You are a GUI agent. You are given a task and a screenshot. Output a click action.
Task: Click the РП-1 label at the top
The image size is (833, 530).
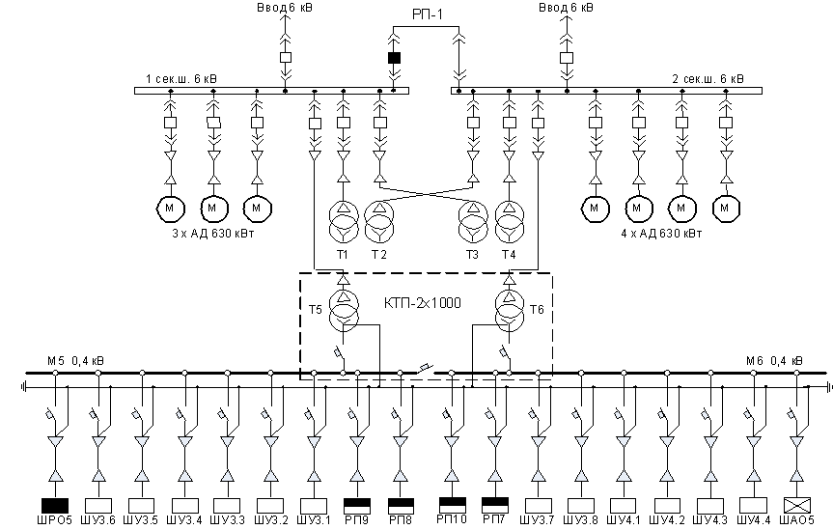point(428,14)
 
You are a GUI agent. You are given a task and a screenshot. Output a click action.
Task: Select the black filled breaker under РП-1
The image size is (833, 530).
point(394,57)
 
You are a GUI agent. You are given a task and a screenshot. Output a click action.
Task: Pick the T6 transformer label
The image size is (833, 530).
point(537,309)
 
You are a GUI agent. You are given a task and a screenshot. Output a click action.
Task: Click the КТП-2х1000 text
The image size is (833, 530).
point(423,303)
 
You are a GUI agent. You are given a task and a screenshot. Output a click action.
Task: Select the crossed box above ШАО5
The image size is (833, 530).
point(797,505)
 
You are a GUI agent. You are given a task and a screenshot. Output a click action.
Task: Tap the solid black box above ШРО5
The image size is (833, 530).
point(55,505)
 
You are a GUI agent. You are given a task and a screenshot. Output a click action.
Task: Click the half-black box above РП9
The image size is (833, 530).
point(357,505)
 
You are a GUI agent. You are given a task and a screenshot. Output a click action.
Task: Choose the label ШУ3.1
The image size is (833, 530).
point(314,520)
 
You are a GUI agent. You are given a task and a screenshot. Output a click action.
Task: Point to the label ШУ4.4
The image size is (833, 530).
point(754,520)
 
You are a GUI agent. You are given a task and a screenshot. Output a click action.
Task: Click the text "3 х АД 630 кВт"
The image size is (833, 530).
point(213,234)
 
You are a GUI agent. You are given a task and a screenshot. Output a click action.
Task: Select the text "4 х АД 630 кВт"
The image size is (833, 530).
point(661,234)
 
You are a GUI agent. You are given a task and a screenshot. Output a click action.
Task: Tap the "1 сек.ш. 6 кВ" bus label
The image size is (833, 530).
point(181,79)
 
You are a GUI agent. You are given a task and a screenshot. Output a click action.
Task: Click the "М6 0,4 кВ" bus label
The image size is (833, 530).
point(774,361)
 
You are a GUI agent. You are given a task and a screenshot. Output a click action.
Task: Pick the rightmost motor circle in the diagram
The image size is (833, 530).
point(726,208)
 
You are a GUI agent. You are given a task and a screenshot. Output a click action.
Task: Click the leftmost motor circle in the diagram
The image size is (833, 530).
point(171,208)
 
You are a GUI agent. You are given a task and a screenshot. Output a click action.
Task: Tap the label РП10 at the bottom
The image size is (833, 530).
point(452,518)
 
